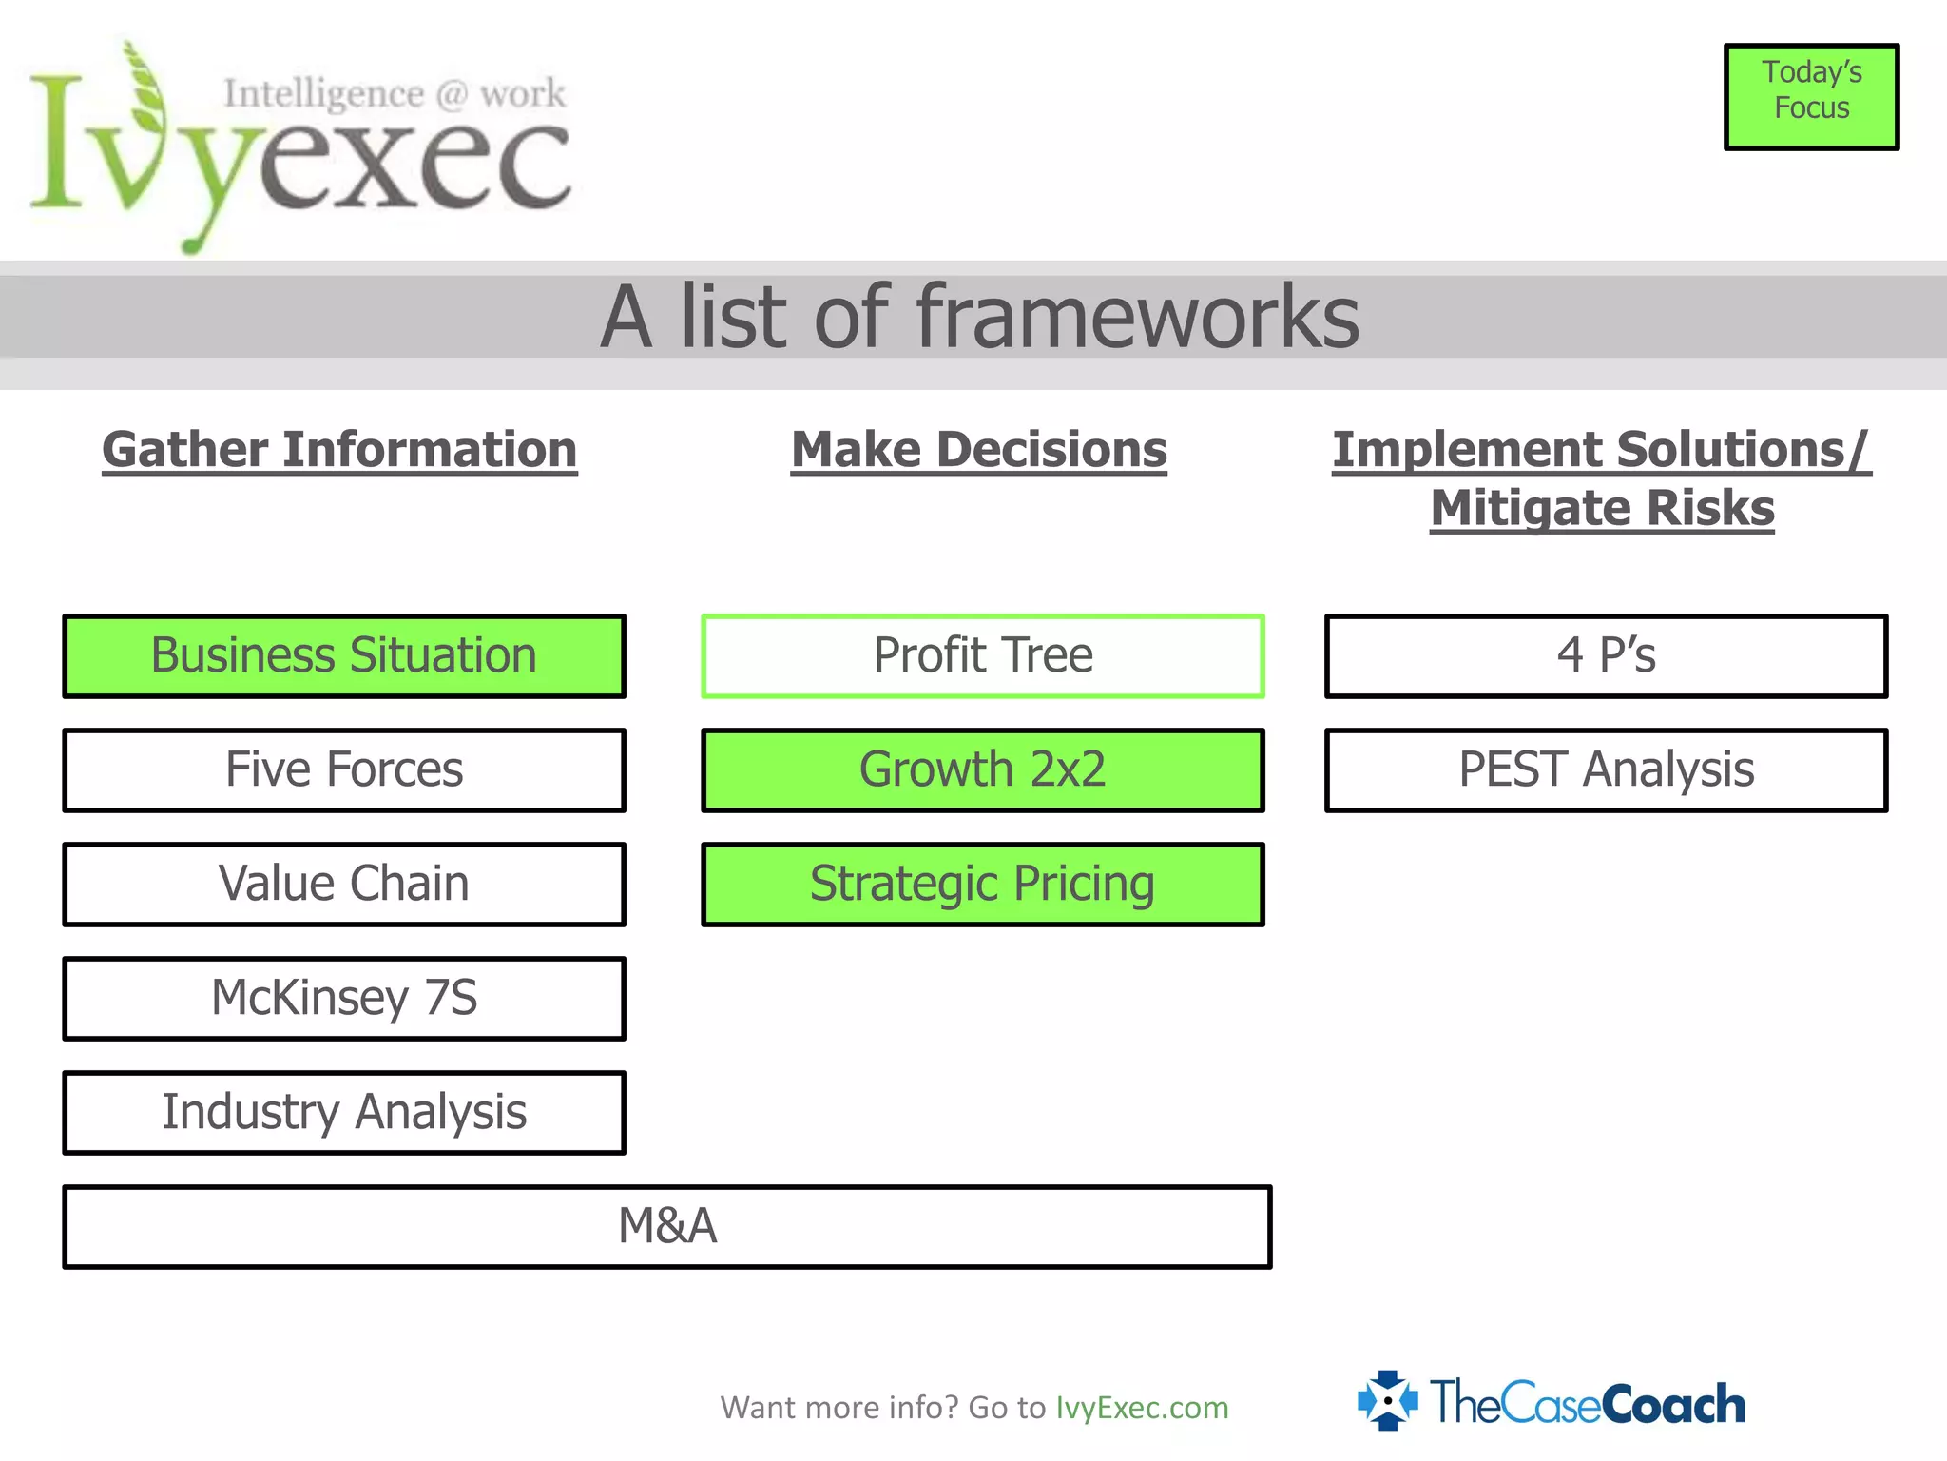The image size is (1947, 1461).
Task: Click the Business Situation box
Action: point(344,656)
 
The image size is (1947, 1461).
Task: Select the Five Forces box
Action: point(344,770)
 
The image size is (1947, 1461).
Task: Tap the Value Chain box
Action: point(344,885)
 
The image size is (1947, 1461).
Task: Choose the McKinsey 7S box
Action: point(344,999)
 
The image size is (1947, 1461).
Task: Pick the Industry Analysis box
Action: point(344,1113)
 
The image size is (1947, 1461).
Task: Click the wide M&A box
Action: point(667,1227)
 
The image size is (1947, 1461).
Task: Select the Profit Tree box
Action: point(983,656)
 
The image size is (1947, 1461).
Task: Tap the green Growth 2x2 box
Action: point(983,770)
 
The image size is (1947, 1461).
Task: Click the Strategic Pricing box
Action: point(983,885)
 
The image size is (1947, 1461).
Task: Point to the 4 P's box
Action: point(1607,656)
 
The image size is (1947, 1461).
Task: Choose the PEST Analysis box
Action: point(1607,770)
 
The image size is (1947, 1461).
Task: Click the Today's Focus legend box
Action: point(1812,97)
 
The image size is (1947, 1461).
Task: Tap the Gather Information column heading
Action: point(339,450)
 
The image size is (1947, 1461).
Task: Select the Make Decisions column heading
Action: point(979,450)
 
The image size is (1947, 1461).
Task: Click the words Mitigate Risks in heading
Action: point(1603,508)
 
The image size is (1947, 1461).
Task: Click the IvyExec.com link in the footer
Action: point(1142,1408)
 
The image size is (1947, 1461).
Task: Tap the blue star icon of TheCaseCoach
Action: point(1388,1400)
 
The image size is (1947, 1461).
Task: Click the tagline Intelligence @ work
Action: point(395,94)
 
